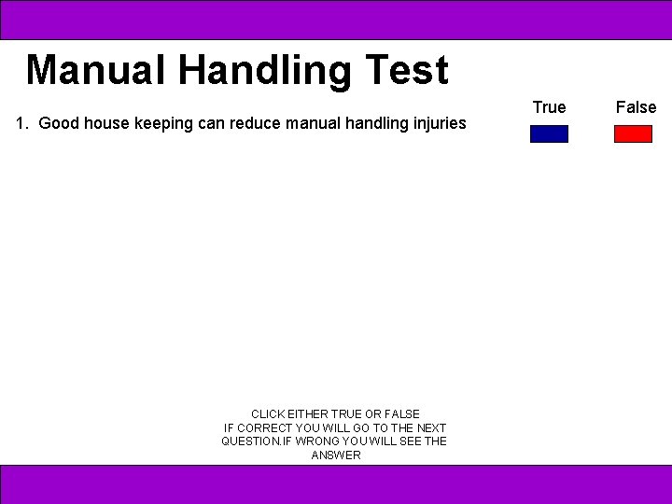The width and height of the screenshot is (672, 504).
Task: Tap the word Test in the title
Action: [406, 70]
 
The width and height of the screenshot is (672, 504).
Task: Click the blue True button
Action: [549, 133]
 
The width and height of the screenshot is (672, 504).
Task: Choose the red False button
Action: [633, 133]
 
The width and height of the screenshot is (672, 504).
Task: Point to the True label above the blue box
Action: [549, 107]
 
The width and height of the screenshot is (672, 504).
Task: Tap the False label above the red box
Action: [636, 107]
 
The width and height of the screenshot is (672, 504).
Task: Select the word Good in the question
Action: [59, 123]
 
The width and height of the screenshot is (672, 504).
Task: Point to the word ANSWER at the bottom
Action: [336, 455]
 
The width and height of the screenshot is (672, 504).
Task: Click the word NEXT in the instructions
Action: [431, 427]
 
